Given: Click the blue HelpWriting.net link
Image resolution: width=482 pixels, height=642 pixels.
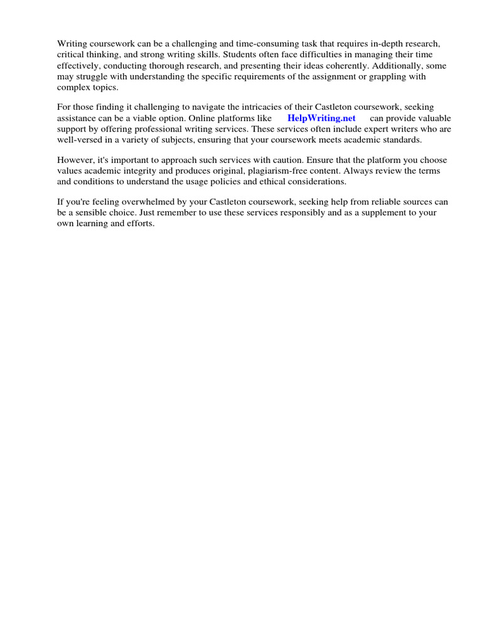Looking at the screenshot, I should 321,118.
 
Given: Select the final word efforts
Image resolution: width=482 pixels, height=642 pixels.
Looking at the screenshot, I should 139,224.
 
